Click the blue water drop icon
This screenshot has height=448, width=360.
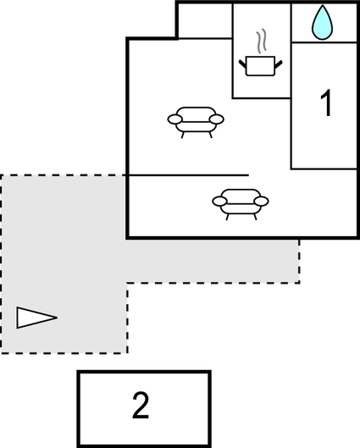tap(322, 23)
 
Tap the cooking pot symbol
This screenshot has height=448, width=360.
tap(260, 66)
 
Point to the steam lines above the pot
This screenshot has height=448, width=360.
tap(262, 41)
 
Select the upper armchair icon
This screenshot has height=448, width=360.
tap(196, 122)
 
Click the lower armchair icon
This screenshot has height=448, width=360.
tap(241, 204)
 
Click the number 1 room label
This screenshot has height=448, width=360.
tap(326, 102)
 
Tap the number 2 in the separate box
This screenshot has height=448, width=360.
tap(141, 405)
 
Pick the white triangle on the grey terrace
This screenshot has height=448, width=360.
tap(36, 318)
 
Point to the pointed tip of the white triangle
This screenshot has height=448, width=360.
tap(57, 318)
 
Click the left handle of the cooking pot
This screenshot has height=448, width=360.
tap(242, 64)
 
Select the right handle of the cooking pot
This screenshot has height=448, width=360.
tap(279, 64)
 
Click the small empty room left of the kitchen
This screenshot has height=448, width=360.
tap(205, 20)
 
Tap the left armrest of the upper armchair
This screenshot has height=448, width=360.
tap(174, 119)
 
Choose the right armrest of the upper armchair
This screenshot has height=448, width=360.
tap(217, 119)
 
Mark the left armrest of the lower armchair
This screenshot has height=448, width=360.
tap(219, 202)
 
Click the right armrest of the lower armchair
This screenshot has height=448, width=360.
tap(261, 202)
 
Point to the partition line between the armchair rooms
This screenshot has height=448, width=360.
tap(188, 174)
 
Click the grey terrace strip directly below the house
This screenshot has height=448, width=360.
tap(213, 261)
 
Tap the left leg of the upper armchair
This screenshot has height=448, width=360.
tap(183, 136)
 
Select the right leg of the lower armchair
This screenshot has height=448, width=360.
tap(256, 217)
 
